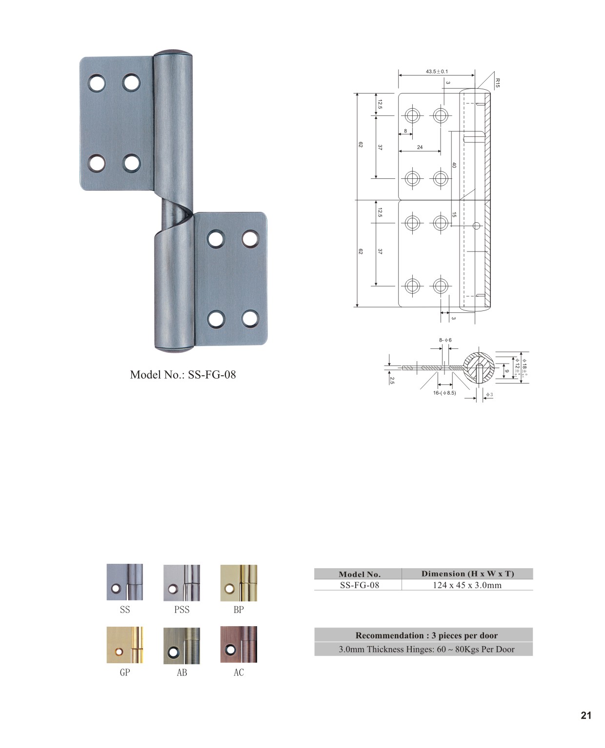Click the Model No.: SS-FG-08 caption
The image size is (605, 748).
pos(183,375)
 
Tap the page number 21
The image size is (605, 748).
pos(586,715)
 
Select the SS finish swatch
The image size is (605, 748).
pos(125,582)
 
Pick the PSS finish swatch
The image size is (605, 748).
pos(182,583)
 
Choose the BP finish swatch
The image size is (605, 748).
pos(239,583)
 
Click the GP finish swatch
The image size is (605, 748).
pos(125,645)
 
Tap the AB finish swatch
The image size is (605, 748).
pos(182,646)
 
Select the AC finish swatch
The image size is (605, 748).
pos(239,644)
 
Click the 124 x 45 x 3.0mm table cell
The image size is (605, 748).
pos(467,585)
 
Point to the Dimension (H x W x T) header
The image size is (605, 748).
pos(468,574)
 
